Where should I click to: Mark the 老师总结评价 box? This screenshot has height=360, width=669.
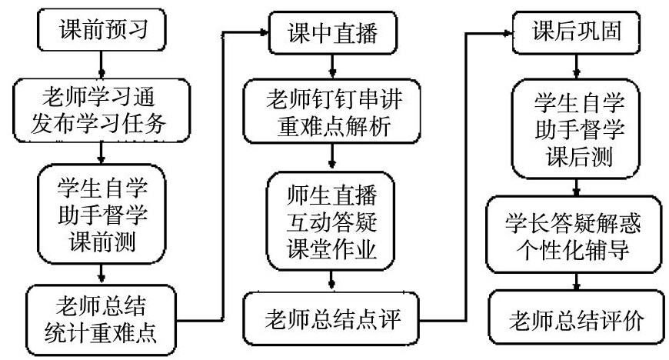pyautogui.click(x=575, y=317)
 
